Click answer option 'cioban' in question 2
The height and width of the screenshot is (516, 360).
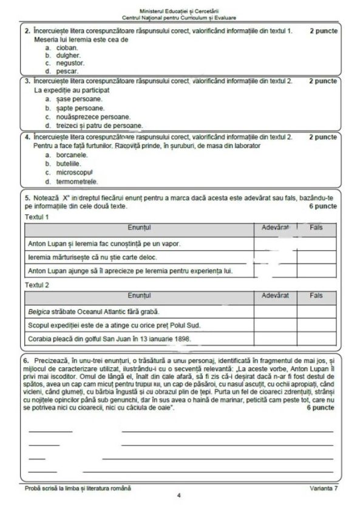point(65,47)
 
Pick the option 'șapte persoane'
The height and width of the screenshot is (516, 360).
point(79,107)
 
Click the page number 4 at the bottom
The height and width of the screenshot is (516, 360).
point(179,495)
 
